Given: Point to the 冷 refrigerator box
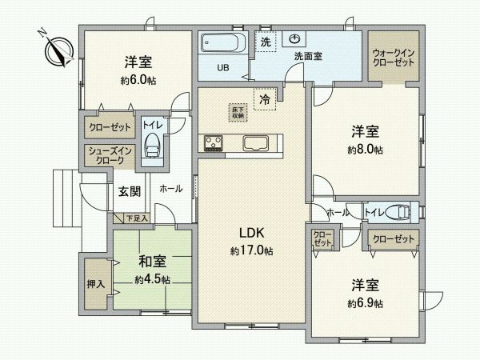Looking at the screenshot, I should click(x=264, y=99).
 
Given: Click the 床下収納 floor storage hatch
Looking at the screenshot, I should click(x=238, y=113).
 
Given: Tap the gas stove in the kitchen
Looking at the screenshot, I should click(x=214, y=143).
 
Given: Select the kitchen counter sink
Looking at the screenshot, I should click(x=256, y=143).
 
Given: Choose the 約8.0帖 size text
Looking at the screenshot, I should click(x=365, y=150).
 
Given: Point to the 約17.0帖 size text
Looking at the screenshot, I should click(x=251, y=250).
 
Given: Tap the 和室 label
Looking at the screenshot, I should click(x=152, y=261).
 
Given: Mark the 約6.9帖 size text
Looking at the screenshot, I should click(x=365, y=304).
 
